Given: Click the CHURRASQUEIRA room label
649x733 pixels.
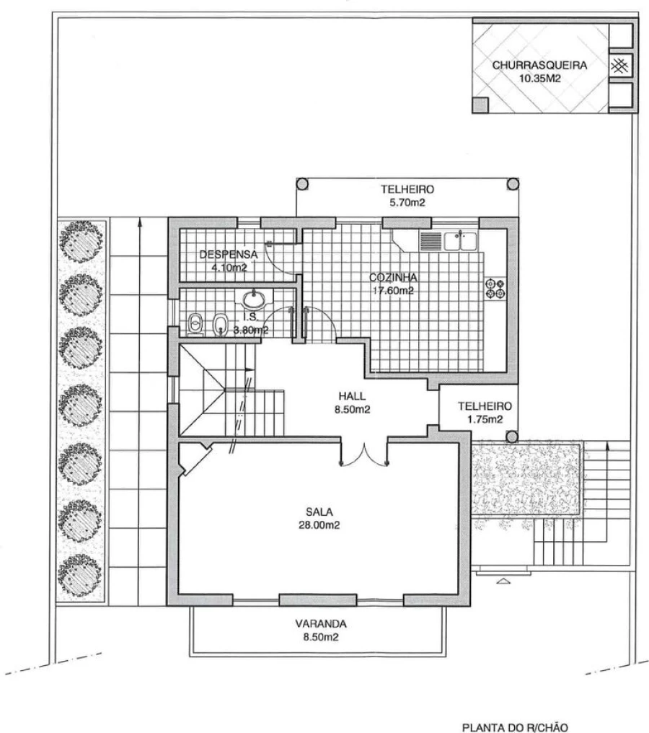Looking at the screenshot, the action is click(539, 65).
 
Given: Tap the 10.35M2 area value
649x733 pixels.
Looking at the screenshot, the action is click(539, 79).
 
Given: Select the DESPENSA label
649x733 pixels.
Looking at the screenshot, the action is click(229, 255).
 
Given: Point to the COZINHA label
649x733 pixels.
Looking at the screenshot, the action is click(393, 277).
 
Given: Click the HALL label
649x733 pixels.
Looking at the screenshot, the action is click(353, 396).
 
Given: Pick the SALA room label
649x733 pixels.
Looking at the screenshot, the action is click(319, 512).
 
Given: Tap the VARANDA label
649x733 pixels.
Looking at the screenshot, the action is click(321, 623).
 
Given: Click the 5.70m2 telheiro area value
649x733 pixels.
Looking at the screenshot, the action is click(407, 203).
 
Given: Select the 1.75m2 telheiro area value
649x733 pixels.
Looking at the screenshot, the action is click(485, 419).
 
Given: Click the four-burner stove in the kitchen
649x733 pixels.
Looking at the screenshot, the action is click(495, 289).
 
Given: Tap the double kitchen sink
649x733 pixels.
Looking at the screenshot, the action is click(460, 241).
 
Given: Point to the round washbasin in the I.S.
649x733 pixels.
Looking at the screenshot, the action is click(254, 297).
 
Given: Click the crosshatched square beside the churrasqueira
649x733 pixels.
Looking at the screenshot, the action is click(619, 66).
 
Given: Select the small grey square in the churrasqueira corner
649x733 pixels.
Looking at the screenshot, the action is click(480, 105).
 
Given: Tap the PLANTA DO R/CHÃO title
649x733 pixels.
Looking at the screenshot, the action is click(515, 727).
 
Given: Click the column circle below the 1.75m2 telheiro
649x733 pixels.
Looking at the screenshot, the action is click(513, 437).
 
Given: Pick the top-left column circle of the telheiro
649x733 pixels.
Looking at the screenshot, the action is click(302, 184).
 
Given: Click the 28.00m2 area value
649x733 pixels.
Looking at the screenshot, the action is click(319, 525).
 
